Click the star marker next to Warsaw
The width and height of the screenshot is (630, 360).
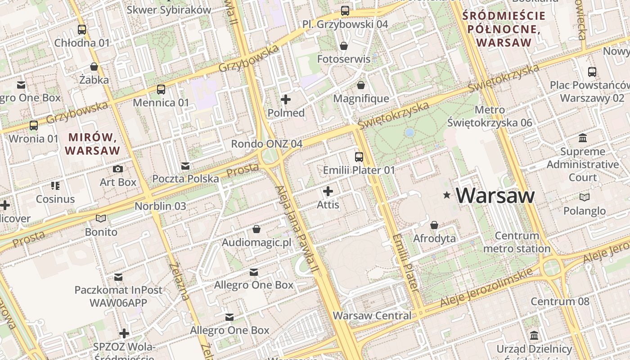tap(447, 195)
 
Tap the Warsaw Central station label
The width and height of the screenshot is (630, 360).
tap(372, 315)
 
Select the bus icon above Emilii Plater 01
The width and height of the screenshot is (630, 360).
tap(359, 157)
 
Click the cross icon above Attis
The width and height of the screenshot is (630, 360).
tap(328, 191)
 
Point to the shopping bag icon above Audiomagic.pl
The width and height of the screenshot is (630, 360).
tap(256, 229)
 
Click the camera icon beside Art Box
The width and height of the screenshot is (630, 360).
tap(118, 169)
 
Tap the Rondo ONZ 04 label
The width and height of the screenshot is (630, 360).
tap(266, 144)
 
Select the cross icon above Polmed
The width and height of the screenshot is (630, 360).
tap(286, 99)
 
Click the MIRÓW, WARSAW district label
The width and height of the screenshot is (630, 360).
tap(93, 144)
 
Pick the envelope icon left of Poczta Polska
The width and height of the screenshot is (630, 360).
tap(185, 166)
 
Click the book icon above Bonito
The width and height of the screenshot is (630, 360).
tap(101, 219)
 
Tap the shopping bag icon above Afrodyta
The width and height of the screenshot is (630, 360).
tap(434, 225)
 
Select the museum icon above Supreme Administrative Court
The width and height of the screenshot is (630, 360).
tap(583, 138)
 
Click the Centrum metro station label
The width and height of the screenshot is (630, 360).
tap(517, 242)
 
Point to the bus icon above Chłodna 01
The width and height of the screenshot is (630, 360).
tap(82, 30)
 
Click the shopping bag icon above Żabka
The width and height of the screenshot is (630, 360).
tap(94, 67)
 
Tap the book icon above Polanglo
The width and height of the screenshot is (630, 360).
tap(585, 197)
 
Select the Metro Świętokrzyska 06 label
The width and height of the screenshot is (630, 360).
tap(490, 116)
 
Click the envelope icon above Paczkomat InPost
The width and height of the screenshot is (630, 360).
tap(118, 277)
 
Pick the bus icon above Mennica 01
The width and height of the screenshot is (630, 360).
tap(161, 89)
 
